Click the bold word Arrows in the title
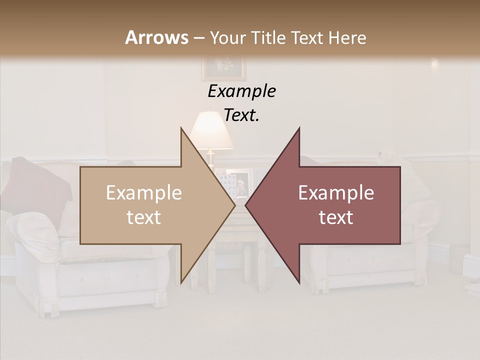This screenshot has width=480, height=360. click(157, 37)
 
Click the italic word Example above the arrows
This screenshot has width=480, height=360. click(241, 91)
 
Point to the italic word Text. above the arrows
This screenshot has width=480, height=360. click(241, 115)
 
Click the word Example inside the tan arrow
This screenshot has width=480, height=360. click(144, 193)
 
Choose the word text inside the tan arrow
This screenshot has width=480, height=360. click(144, 217)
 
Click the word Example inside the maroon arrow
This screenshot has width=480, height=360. click(336, 193)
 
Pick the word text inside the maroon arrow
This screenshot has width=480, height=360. click(336, 217)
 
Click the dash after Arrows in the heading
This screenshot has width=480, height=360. click(198, 38)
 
